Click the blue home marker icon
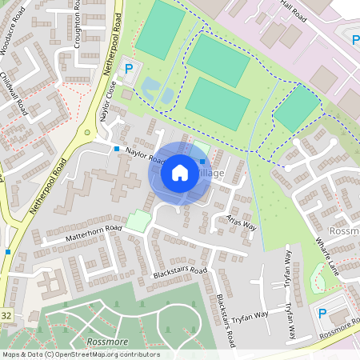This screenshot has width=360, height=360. [180, 172]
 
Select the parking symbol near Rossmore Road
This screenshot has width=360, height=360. [323, 314]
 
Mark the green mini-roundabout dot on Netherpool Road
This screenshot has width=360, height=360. [86, 133]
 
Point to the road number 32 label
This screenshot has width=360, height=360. [6, 315]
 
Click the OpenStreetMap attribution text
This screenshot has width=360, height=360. [81, 354]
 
